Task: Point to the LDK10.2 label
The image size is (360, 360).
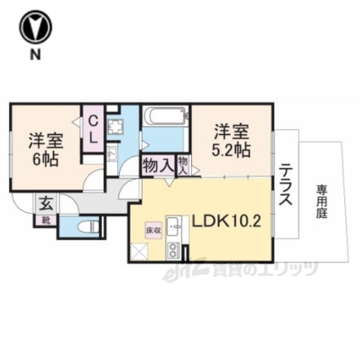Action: tap(227, 223)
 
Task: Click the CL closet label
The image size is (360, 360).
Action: tap(94, 130)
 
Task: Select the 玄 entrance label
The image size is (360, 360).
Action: tap(45, 202)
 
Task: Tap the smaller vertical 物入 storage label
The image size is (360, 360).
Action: tap(184, 165)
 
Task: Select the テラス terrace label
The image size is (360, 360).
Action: tap(286, 187)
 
